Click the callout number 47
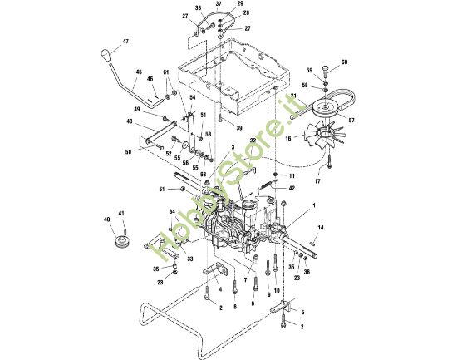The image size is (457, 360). [125, 41]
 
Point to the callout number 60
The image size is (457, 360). [344, 62]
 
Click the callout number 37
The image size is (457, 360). [219, 4]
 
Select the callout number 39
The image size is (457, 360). [238, 128]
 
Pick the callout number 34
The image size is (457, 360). [171, 212]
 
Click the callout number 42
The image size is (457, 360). [292, 189]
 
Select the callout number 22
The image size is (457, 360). [253, 141]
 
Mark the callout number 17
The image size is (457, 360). [317, 181]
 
